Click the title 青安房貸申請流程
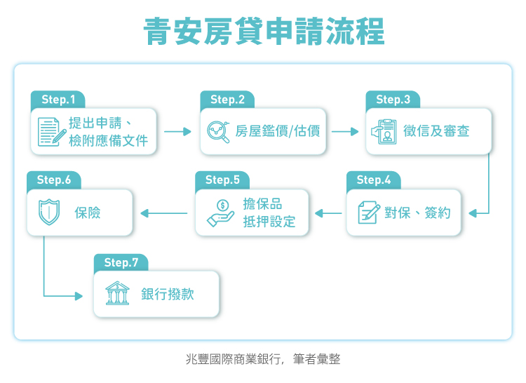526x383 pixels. [264, 32]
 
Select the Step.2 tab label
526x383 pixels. [227, 100]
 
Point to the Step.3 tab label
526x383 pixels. [393, 100]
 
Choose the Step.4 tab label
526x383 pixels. [373, 180]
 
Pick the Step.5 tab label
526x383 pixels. [222, 180]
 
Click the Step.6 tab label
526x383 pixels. [54, 180]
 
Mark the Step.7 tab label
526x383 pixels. [121, 262]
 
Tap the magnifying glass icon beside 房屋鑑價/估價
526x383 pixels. [220, 132]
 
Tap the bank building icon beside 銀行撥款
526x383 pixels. [117, 294]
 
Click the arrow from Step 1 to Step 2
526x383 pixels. [178, 131]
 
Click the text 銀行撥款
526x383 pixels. [168, 295]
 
